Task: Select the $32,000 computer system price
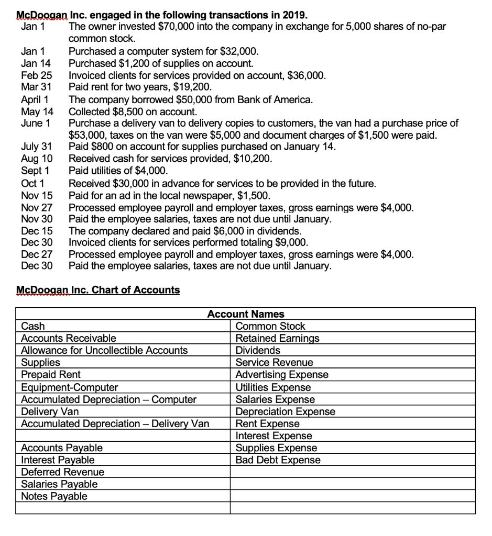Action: pyautogui.click(x=238, y=51)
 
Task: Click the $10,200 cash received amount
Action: pyautogui.click(x=254, y=159)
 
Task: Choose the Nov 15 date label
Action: pyautogui.click(x=37, y=196)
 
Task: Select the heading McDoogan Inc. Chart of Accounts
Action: pyautogui.click(x=98, y=290)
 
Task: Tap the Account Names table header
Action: pyautogui.click(x=246, y=314)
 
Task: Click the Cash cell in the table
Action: pyautogui.click(x=32, y=326)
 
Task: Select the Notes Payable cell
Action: pyautogui.click(x=54, y=496)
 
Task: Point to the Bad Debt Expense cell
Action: pyautogui.click(x=278, y=460)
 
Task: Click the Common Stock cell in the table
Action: pyautogui.click(x=270, y=326)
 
